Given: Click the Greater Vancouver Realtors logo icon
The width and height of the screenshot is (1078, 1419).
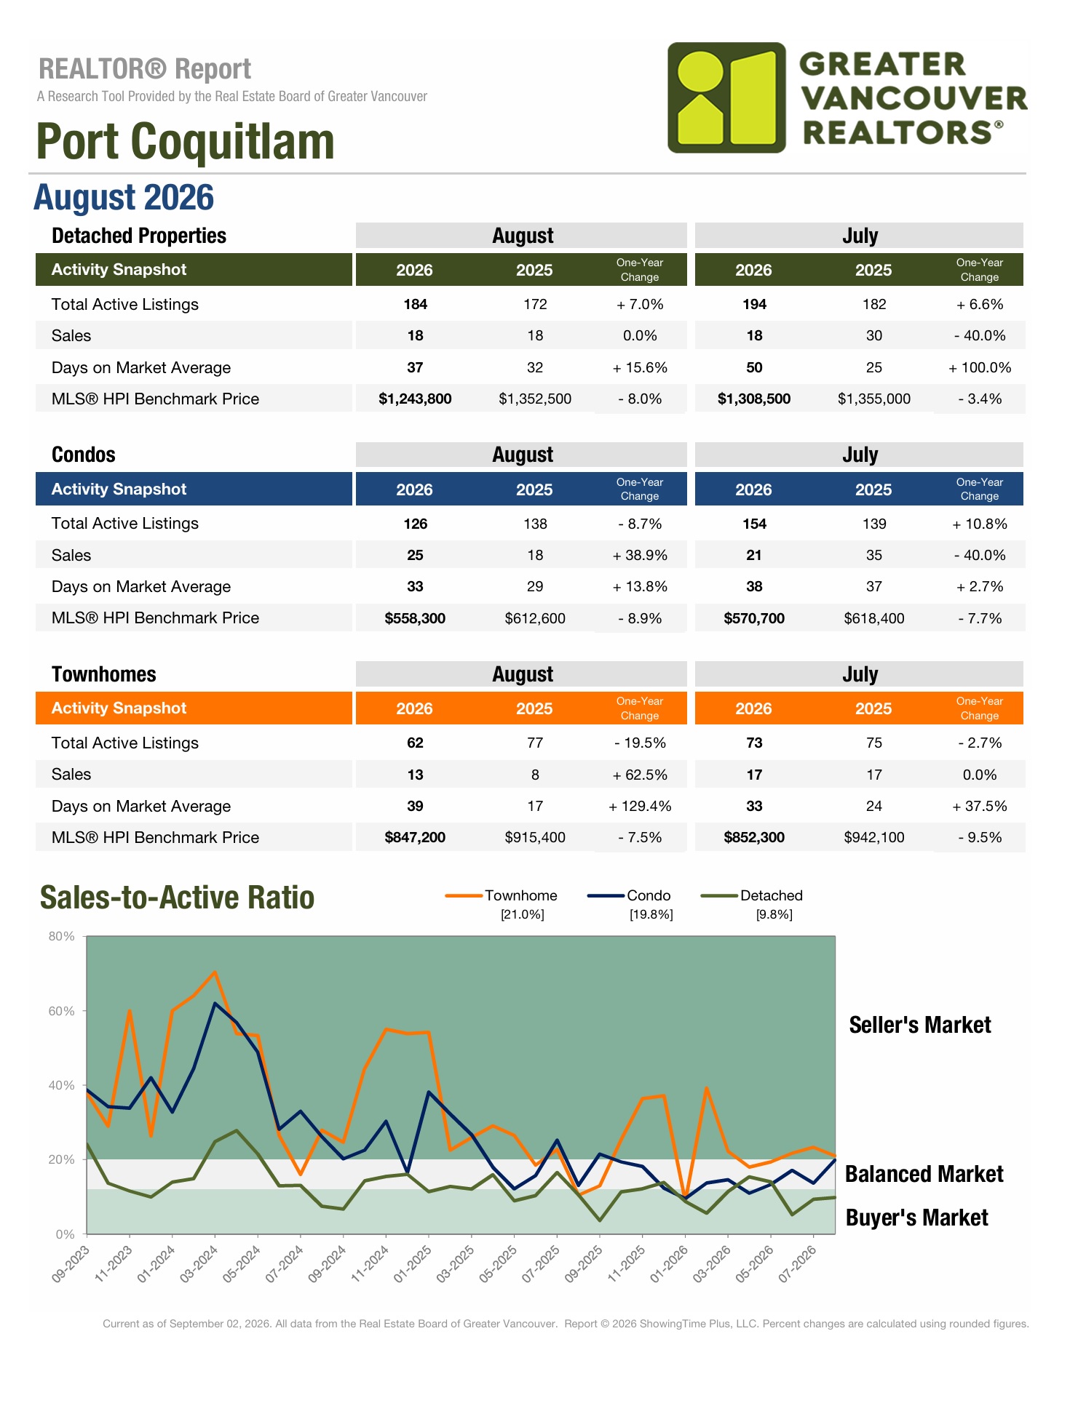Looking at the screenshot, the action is (x=726, y=97).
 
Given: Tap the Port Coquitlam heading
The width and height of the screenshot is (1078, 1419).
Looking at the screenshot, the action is (x=186, y=141).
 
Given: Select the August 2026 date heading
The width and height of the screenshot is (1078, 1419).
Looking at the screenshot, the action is (x=124, y=198).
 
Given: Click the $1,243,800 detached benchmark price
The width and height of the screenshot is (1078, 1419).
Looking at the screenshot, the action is (x=415, y=399).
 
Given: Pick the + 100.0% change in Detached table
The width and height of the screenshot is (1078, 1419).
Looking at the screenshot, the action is (x=980, y=367).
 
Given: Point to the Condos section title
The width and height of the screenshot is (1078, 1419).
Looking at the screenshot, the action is (x=84, y=455).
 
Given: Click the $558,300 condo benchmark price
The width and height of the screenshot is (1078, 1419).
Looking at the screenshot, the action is (x=415, y=618).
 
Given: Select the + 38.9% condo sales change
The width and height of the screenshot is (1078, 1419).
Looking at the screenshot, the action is (x=640, y=555).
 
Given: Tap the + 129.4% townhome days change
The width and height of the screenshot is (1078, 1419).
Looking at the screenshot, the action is (x=640, y=806).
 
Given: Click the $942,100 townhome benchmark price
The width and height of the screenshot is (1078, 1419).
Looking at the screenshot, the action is (x=874, y=837).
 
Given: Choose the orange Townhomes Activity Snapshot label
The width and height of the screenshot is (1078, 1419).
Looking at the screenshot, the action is (x=119, y=708).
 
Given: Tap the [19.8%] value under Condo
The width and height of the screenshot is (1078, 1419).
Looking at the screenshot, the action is (x=651, y=914).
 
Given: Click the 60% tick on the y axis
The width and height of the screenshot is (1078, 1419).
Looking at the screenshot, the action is (x=62, y=1011).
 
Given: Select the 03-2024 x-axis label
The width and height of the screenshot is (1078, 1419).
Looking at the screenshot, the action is (x=199, y=1264).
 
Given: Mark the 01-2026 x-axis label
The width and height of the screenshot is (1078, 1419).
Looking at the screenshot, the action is (x=669, y=1264).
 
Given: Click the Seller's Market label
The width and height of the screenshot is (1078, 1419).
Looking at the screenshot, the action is (x=920, y=1025).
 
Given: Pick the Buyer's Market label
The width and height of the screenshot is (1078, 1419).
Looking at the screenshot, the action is (x=917, y=1218).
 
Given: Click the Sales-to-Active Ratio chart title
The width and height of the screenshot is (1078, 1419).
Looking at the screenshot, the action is (x=177, y=897).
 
